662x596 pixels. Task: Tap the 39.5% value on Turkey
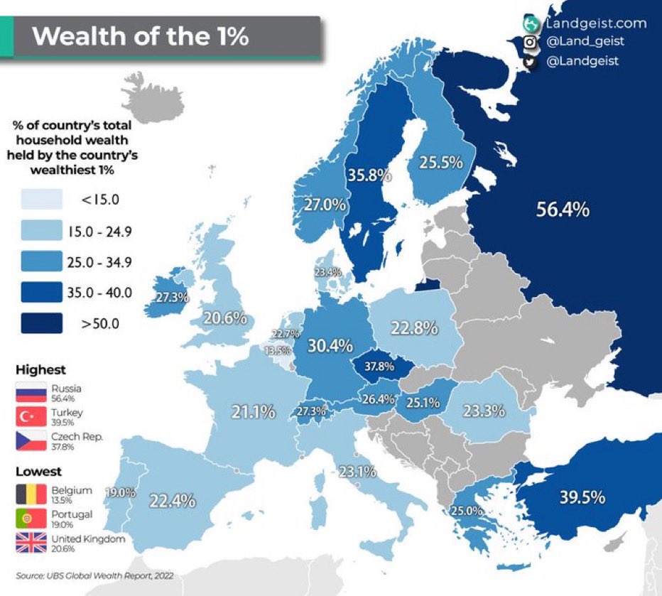582,497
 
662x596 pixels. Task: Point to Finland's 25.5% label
440,162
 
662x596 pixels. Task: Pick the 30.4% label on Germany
330,346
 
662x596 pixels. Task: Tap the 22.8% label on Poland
413,329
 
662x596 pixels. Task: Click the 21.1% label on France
253,411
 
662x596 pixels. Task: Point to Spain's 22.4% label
172,501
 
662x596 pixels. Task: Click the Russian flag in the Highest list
32,393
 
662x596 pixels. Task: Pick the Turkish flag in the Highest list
32,417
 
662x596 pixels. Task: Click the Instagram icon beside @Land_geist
529,43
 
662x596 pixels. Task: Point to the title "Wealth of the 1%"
141,36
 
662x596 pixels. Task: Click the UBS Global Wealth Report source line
94,575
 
